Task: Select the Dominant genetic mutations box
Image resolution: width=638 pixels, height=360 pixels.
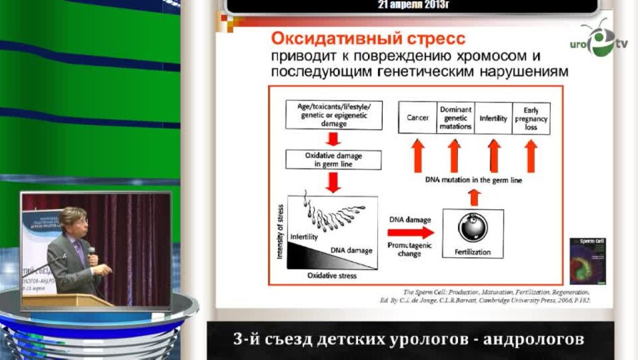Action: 456,118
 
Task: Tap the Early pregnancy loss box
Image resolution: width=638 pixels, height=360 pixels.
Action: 531,118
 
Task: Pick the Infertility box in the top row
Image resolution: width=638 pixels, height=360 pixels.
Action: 493,118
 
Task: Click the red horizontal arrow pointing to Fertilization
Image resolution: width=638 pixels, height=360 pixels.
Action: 410,232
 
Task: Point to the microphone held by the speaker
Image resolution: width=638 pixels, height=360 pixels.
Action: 91,252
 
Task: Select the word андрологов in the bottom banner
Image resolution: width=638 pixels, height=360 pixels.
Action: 534,339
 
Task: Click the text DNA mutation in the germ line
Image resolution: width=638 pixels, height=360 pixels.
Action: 474,181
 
